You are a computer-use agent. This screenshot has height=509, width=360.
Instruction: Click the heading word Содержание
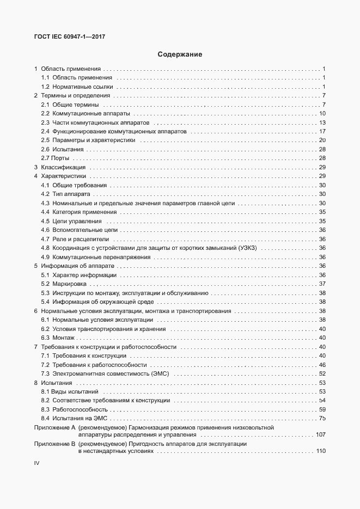pos(180,54)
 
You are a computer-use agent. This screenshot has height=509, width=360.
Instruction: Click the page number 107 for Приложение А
pos(320,435)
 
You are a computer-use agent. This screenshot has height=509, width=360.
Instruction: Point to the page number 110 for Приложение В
pos(320,452)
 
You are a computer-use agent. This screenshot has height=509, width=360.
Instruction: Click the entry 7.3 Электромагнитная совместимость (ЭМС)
pos(106,373)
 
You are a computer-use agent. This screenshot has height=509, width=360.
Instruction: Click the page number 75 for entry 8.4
pos(322,418)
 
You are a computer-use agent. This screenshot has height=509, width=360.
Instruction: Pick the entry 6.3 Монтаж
pos(61,338)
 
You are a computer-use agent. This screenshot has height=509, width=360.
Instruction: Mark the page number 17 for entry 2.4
pos(322,131)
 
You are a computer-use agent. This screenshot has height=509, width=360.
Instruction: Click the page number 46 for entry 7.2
pos(322,364)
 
